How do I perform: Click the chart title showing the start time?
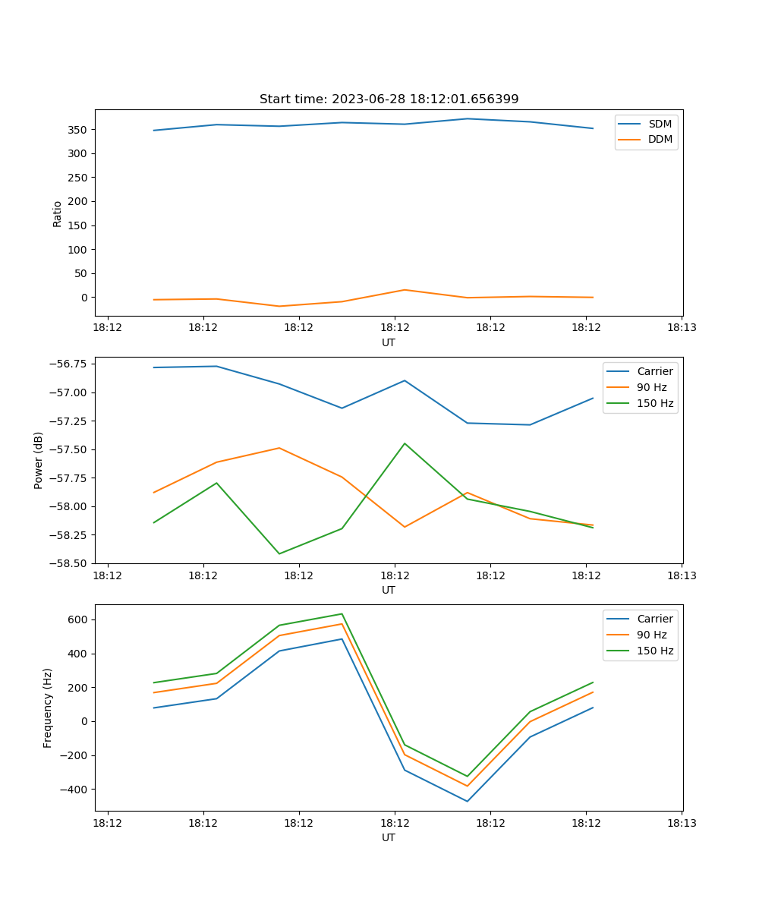click(389, 99)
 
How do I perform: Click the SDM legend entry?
click(660, 124)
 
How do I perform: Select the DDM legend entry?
click(660, 140)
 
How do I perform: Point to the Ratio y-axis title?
click(58, 213)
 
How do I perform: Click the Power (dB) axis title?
click(39, 460)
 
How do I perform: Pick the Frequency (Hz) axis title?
click(48, 708)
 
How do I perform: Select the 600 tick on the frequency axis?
click(77, 619)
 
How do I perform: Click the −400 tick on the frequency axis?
click(74, 790)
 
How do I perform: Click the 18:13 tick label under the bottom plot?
click(682, 823)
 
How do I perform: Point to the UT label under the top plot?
click(389, 342)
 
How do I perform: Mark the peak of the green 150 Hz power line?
click(405, 443)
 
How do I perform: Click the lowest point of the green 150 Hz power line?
click(279, 553)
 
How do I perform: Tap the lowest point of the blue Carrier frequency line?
click(467, 801)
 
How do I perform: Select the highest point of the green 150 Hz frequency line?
click(342, 614)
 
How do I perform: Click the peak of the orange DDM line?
click(405, 290)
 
